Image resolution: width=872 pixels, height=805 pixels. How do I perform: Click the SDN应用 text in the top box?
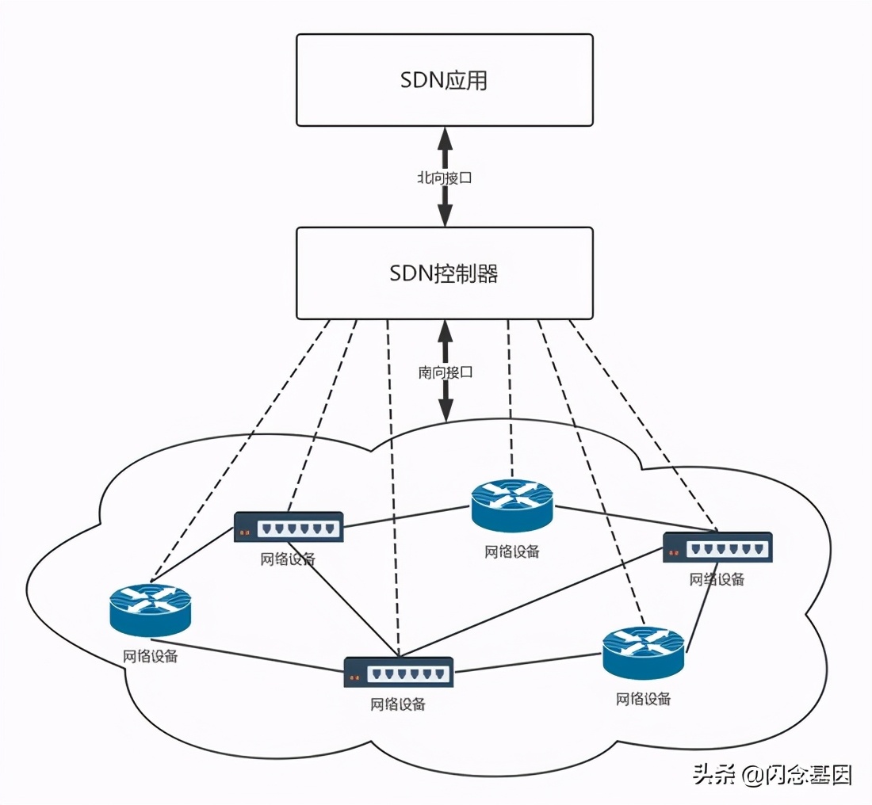tap(444, 80)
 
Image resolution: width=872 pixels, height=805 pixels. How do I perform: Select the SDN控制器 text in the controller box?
tap(444, 273)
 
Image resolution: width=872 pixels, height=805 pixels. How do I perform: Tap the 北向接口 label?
tap(445, 178)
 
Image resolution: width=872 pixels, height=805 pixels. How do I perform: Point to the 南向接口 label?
tap(446, 372)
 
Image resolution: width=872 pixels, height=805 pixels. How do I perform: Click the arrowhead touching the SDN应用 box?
tap(445, 139)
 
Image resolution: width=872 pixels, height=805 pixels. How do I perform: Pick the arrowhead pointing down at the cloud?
tap(446, 410)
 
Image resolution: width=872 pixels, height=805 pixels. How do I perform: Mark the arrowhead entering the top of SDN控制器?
tap(445, 215)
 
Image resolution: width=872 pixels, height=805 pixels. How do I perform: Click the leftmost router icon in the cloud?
tap(151, 609)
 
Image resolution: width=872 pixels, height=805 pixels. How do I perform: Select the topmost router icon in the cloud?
tap(512, 505)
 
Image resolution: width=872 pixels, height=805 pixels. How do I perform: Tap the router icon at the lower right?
tap(643, 653)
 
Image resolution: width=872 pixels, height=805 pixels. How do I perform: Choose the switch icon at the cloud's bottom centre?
tap(399, 672)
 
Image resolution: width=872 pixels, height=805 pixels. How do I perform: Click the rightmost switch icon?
tap(717, 547)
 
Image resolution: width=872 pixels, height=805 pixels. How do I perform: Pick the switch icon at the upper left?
tap(289, 527)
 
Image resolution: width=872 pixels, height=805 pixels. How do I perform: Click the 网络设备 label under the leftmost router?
tap(150, 656)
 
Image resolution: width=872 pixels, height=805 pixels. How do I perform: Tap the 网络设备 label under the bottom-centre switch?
tap(398, 704)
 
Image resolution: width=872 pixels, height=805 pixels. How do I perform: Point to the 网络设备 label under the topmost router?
tap(512, 551)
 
